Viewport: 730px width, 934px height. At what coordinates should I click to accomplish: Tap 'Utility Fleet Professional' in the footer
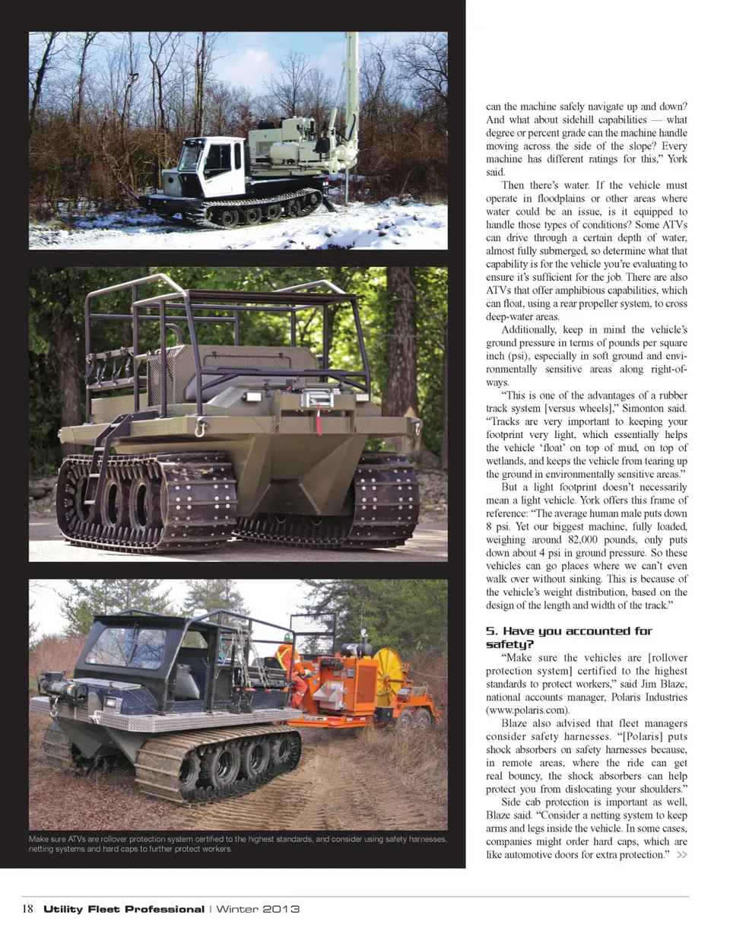(123, 909)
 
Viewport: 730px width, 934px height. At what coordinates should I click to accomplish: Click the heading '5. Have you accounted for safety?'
(569, 637)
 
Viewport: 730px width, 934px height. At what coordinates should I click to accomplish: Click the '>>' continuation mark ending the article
(681, 855)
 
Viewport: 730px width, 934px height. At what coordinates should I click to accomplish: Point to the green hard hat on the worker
(287, 637)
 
